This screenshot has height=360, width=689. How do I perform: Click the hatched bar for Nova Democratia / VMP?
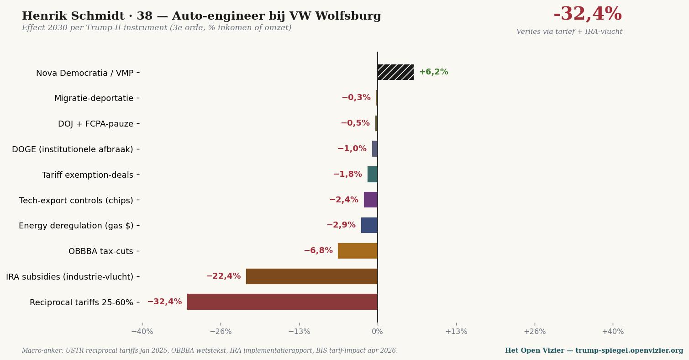click(395, 72)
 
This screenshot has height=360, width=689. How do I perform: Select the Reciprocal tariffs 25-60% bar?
click(282, 302)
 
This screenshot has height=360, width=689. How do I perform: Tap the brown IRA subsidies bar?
click(312, 276)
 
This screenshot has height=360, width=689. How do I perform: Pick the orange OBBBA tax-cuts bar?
click(358, 251)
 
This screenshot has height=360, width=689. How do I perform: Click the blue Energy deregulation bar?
click(369, 225)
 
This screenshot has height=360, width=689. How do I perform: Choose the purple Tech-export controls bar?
click(371, 200)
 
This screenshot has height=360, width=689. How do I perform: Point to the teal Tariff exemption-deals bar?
click(373, 174)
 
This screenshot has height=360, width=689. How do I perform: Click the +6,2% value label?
click(434, 72)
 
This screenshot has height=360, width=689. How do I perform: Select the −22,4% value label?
click(223, 276)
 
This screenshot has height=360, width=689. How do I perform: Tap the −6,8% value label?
click(318, 250)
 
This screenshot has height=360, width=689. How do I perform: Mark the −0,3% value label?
click(356, 97)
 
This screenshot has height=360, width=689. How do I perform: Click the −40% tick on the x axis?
click(142, 331)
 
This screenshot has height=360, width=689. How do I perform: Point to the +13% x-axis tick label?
click(456, 331)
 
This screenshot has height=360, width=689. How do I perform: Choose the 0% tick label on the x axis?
click(378, 331)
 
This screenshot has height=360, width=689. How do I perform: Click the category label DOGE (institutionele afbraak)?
click(73, 149)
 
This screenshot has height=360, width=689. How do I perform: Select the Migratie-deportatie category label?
click(94, 98)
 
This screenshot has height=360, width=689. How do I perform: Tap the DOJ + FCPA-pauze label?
click(96, 124)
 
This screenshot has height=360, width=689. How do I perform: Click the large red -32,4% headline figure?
click(588, 14)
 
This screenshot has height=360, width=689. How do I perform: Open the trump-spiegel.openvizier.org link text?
click(629, 350)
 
